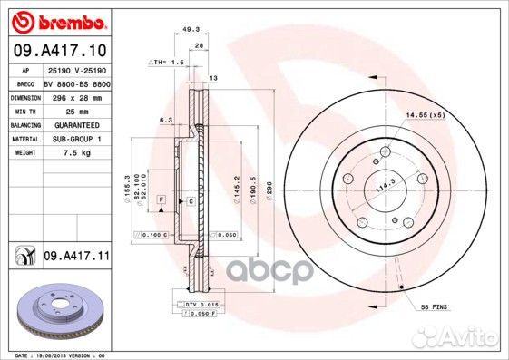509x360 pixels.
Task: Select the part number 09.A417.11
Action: pos(76,258)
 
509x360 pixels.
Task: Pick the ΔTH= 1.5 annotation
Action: pos(166,63)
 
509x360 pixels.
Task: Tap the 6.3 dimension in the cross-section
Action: pos(165,120)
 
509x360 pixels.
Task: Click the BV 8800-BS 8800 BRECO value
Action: pos(77,82)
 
